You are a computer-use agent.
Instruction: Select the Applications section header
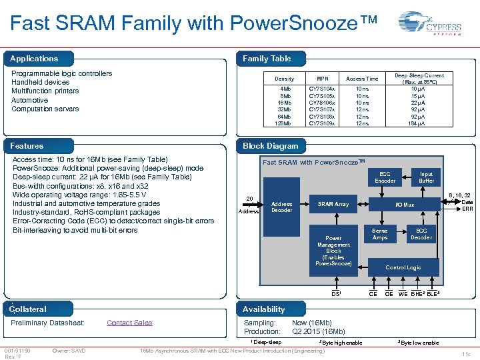34,59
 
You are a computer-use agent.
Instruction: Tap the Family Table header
267,59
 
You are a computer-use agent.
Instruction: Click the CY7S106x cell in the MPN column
322,102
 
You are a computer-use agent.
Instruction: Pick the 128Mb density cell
285,123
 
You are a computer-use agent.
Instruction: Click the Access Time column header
362,79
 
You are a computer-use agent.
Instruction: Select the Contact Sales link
129,323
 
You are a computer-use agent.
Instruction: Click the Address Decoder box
282,207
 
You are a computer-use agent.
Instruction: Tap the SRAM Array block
333,204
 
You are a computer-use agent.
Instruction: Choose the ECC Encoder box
385,177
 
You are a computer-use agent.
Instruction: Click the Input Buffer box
426,177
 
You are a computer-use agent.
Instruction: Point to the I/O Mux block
404,205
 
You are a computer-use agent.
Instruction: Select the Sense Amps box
379,234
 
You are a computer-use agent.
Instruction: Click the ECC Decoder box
421,234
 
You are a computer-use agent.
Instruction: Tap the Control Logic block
403,267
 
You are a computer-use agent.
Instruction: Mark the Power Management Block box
333,251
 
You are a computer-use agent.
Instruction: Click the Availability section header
264,309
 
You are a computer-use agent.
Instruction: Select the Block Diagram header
271,146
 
